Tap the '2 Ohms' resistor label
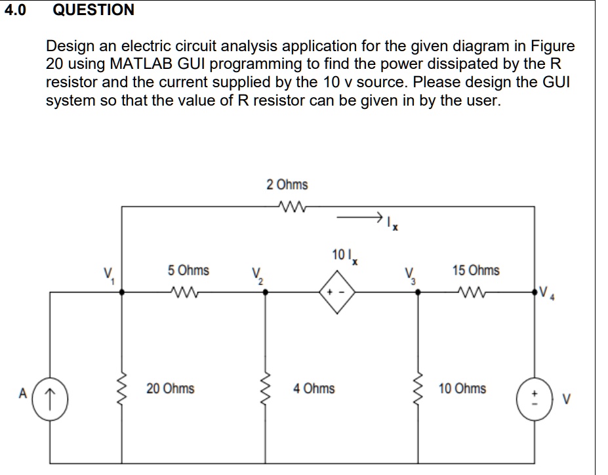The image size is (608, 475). pos(287,185)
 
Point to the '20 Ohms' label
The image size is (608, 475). pos(171,388)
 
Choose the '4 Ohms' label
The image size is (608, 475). pos(314,388)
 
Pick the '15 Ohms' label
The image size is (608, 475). pos(476,270)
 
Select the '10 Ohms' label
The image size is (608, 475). pos(462,388)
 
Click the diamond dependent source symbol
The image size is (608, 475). pos(337,294)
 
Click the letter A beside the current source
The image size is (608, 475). pos(22,394)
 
